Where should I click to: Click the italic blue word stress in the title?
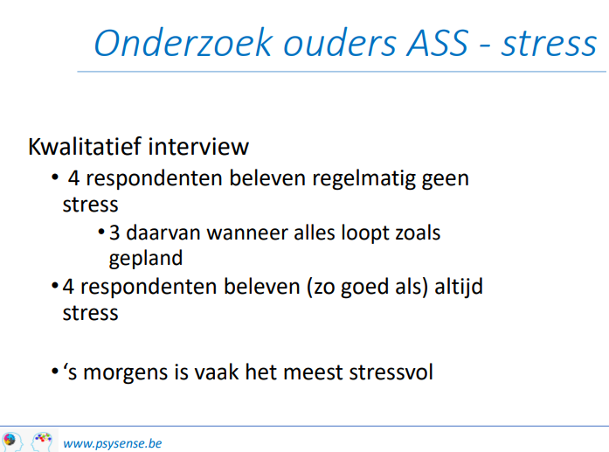point(549,44)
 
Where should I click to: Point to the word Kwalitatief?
point(85,147)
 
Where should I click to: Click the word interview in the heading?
point(198,147)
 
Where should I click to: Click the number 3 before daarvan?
point(114,233)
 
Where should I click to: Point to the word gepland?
point(146,259)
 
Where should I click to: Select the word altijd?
point(459,287)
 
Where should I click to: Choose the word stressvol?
point(391,372)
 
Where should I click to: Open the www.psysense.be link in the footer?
point(112,443)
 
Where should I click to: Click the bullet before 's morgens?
point(54,372)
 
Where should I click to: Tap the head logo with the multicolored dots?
point(42,442)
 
